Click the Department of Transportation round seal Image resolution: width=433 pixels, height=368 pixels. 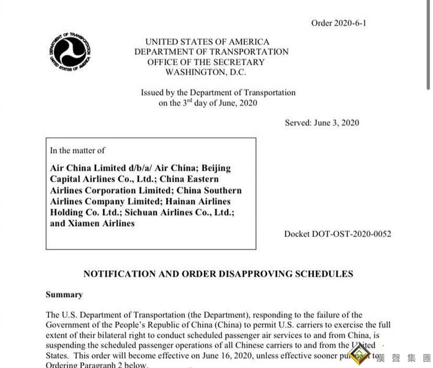(70, 52)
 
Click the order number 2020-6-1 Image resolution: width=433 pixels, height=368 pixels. (339, 23)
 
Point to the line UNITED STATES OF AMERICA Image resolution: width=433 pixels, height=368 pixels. (207, 42)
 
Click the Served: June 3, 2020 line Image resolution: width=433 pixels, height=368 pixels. (321, 123)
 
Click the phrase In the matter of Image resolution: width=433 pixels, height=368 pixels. (77, 150)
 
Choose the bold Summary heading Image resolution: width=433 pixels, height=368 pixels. (64, 295)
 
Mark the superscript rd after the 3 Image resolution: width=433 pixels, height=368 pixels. (190, 100)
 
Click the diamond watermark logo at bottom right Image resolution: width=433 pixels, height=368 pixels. (359, 354)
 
